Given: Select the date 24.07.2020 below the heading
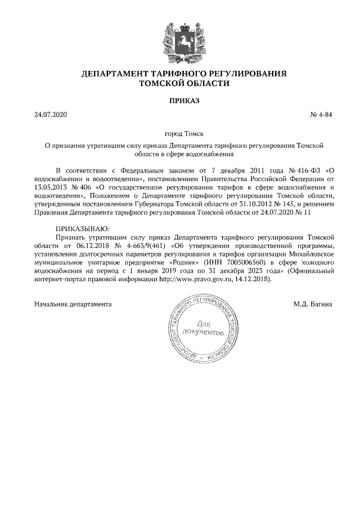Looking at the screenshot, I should [50, 115].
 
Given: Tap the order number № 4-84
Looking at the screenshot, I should [321, 115].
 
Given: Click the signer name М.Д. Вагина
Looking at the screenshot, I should [312, 304].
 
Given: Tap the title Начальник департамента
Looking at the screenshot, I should [73, 304].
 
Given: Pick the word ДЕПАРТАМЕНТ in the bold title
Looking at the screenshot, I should [113, 74].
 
